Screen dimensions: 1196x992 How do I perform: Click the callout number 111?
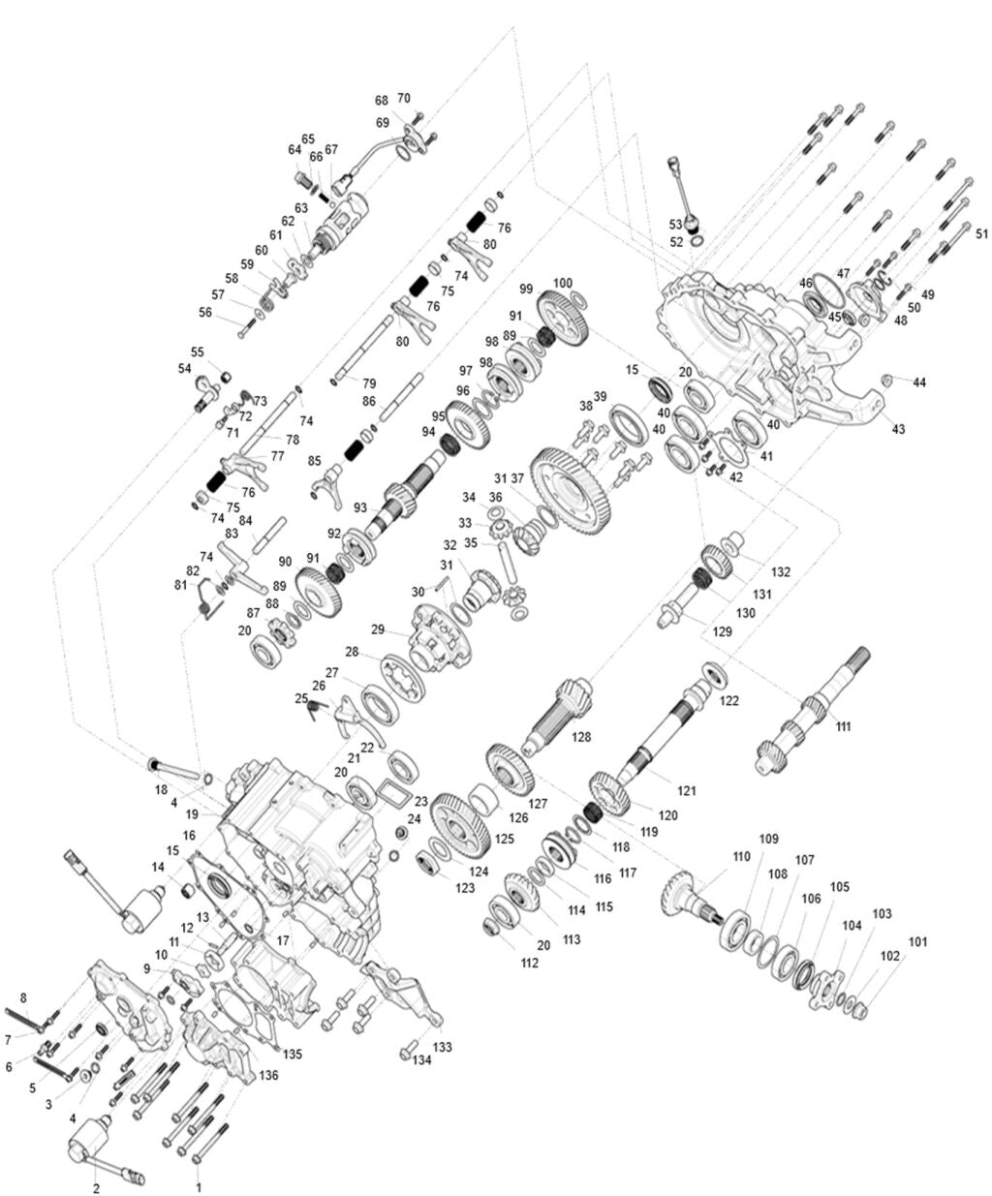tap(843, 726)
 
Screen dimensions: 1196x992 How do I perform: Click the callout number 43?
tap(898, 429)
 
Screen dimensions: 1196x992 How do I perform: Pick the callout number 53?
tap(675, 224)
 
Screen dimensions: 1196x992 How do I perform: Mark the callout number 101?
tap(916, 941)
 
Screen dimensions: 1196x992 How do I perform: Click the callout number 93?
tap(360, 507)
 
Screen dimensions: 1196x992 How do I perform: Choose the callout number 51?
tap(981, 233)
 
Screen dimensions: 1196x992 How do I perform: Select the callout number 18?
tap(161, 790)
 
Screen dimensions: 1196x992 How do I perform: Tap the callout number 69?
tap(383, 122)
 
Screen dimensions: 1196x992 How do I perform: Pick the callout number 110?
tap(741, 856)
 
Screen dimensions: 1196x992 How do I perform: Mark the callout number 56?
tap(205, 312)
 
